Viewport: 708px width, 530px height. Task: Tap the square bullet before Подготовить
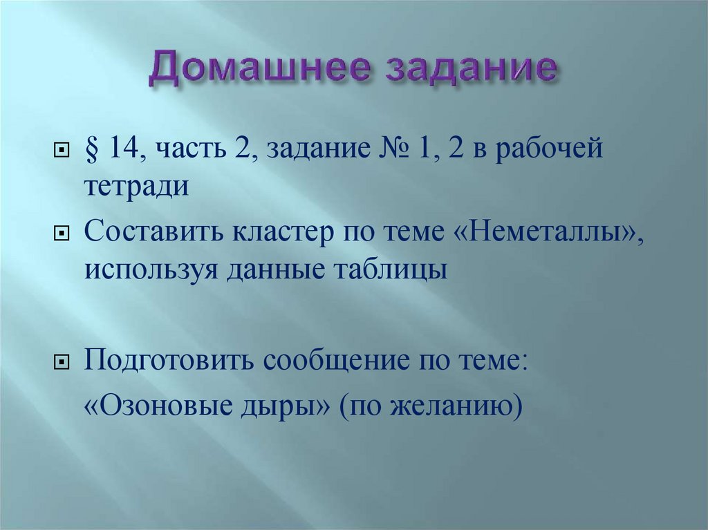point(60,362)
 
